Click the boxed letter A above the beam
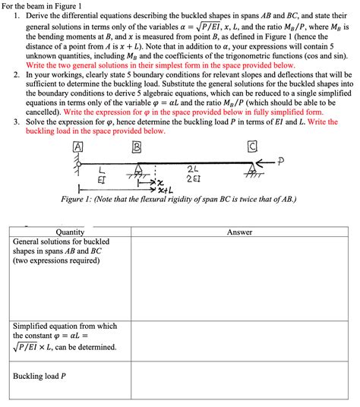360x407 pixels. pyautogui.click(x=77, y=147)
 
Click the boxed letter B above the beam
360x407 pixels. pyautogui.click(x=137, y=147)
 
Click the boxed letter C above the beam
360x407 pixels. pyautogui.click(x=251, y=147)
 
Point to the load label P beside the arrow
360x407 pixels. pyautogui.click(x=281, y=161)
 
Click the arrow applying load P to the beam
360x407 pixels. pyautogui.click(x=266, y=162)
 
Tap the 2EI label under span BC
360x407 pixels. pyautogui.click(x=193, y=179)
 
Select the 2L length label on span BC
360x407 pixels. pyautogui.click(x=193, y=169)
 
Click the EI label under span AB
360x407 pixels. pyautogui.click(x=102, y=179)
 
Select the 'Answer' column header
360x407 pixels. pyautogui.click(x=239, y=232)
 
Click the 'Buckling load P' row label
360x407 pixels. pyautogui.click(x=39, y=376)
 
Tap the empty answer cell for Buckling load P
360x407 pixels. pyautogui.click(x=239, y=383)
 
